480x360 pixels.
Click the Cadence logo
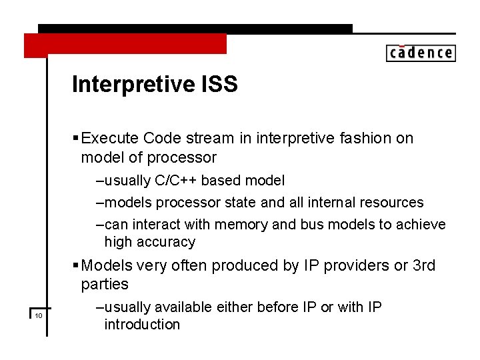coord(421,53)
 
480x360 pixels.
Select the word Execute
coord(110,138)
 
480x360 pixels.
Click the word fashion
coord(359,138)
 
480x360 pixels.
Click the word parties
coord(105,285)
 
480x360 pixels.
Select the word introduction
coord(142,325)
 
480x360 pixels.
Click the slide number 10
coord(39,315)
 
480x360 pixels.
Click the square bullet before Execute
coord(75,139)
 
